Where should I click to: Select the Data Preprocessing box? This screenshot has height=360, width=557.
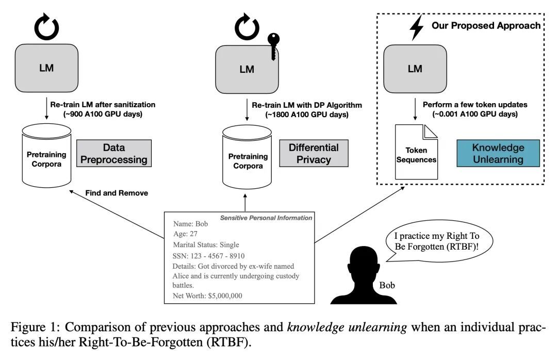click(114, 153)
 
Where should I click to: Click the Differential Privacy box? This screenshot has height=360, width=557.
click(314, 153)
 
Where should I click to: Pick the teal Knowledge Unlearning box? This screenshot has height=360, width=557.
click(498, 153)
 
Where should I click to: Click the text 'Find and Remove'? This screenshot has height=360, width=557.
click(117, 193)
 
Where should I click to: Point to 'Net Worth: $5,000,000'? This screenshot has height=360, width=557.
click(207, 296)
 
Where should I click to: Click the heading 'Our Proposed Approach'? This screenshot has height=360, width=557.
click(486, 25)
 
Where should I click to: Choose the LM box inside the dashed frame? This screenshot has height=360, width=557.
click(415, 67)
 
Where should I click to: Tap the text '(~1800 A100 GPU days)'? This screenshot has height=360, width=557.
click(300, 114)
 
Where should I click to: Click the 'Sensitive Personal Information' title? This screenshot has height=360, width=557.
click(266, 218)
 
